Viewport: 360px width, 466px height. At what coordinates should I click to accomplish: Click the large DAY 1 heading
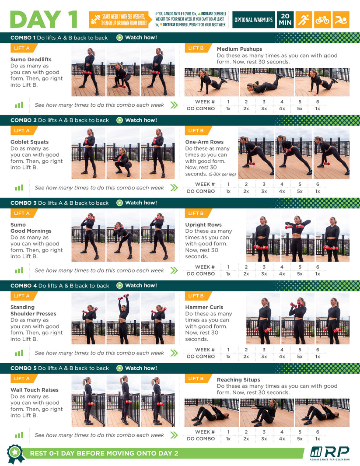point(44,19)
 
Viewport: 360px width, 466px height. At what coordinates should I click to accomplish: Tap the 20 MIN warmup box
point(284,20)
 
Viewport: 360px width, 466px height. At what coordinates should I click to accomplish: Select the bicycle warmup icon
point(322,20)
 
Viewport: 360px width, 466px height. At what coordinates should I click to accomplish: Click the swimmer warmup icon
point(341,20)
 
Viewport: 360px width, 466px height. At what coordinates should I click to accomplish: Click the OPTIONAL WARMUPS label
point(253,20)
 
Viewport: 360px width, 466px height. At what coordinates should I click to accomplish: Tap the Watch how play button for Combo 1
point(119,38)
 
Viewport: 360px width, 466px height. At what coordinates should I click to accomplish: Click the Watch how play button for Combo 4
point(119,285)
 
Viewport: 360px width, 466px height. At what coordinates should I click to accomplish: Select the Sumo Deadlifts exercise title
point(31,60)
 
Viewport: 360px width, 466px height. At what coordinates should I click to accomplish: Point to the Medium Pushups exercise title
point(239,49)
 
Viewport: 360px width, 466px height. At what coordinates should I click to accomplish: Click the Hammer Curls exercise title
point(204,307)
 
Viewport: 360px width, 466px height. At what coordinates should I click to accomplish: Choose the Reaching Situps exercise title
point(238,380)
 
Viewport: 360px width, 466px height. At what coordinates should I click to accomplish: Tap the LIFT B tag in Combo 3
point(196,213)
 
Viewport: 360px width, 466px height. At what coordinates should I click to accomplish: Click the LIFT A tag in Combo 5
point(22,378)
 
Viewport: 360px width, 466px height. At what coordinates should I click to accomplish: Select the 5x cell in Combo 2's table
point(300,191)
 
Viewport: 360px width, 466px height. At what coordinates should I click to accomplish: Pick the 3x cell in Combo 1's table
point(264,109)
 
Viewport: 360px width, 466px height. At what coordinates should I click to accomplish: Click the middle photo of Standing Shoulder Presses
point(123,319)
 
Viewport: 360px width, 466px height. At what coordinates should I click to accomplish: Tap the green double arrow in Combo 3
point(174,270)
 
